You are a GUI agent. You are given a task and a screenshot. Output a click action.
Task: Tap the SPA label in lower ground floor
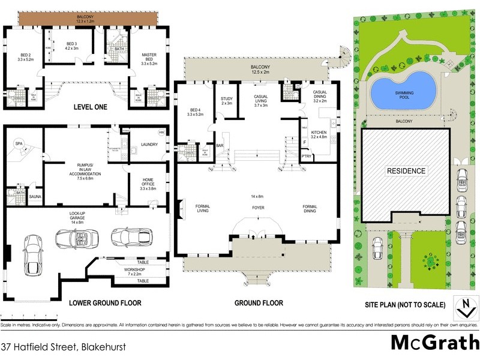[19, 144]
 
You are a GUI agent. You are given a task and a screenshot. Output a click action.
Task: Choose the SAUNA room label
[35, 196]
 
